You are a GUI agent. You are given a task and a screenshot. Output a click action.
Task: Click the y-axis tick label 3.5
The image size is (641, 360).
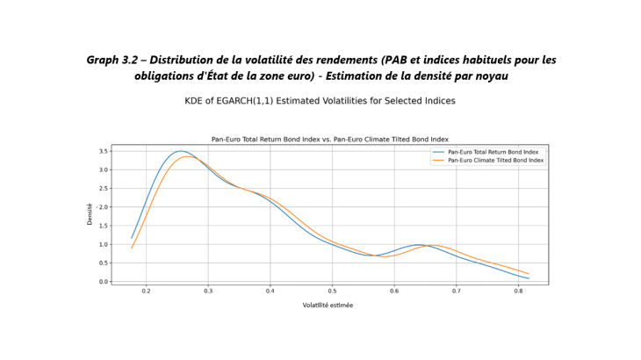(x=104, y=151)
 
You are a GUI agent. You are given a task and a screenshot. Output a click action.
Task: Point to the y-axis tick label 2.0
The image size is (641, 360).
(x=104, y=207)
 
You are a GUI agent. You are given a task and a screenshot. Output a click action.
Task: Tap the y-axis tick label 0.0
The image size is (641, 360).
(x=104, y=282)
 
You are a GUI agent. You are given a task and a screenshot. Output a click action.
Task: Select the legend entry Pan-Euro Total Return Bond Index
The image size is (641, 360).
(x=493, y=152)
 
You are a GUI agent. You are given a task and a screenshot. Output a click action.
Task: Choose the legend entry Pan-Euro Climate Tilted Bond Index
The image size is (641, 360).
(x=495, y=160)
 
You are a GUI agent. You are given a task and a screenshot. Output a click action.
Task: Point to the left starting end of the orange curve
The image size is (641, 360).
(x=132, y=248)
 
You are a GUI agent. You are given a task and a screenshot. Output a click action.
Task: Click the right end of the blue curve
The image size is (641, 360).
(x=529, y=278)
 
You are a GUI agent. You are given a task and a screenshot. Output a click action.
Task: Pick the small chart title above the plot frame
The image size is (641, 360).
(x=330, y=140)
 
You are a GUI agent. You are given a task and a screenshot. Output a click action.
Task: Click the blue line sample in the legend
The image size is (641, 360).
(x=439, y=152)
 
